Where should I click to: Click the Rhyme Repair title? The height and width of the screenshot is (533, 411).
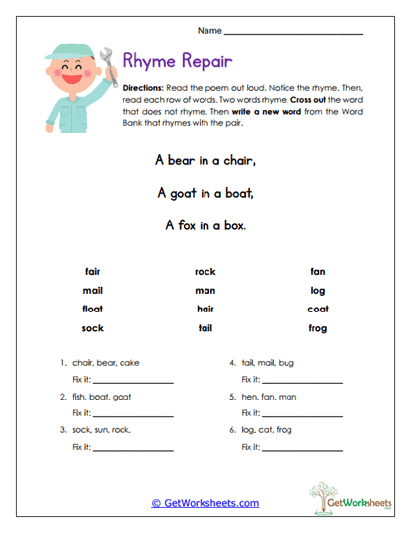[x=179, y=63]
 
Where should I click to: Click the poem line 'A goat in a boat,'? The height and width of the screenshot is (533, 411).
[x=205, y=192]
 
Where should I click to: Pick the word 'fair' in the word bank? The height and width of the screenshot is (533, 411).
[x=92, y=271]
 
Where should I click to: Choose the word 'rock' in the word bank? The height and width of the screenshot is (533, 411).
[x=205, y=271]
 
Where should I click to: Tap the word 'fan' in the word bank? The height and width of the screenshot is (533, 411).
[x=317, y=271]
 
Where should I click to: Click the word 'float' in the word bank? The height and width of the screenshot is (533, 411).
[x=92, y=309]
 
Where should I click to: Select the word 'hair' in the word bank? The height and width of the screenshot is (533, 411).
[x=205, y=309]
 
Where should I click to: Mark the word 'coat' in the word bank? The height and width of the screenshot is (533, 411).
[x=317, y=309]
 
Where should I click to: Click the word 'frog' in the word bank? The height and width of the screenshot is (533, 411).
[x=317, y=327]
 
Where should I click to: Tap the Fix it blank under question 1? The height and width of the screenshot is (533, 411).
[x=133, y=381]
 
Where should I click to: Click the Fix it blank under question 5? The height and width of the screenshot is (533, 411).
[x=303, y=414]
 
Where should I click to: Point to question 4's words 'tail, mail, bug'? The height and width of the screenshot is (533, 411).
[x=268, y=363]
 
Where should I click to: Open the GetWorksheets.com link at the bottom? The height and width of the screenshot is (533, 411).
[x=205, y=503]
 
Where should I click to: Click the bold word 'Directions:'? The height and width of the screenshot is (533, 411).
[x=144, y=87]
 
